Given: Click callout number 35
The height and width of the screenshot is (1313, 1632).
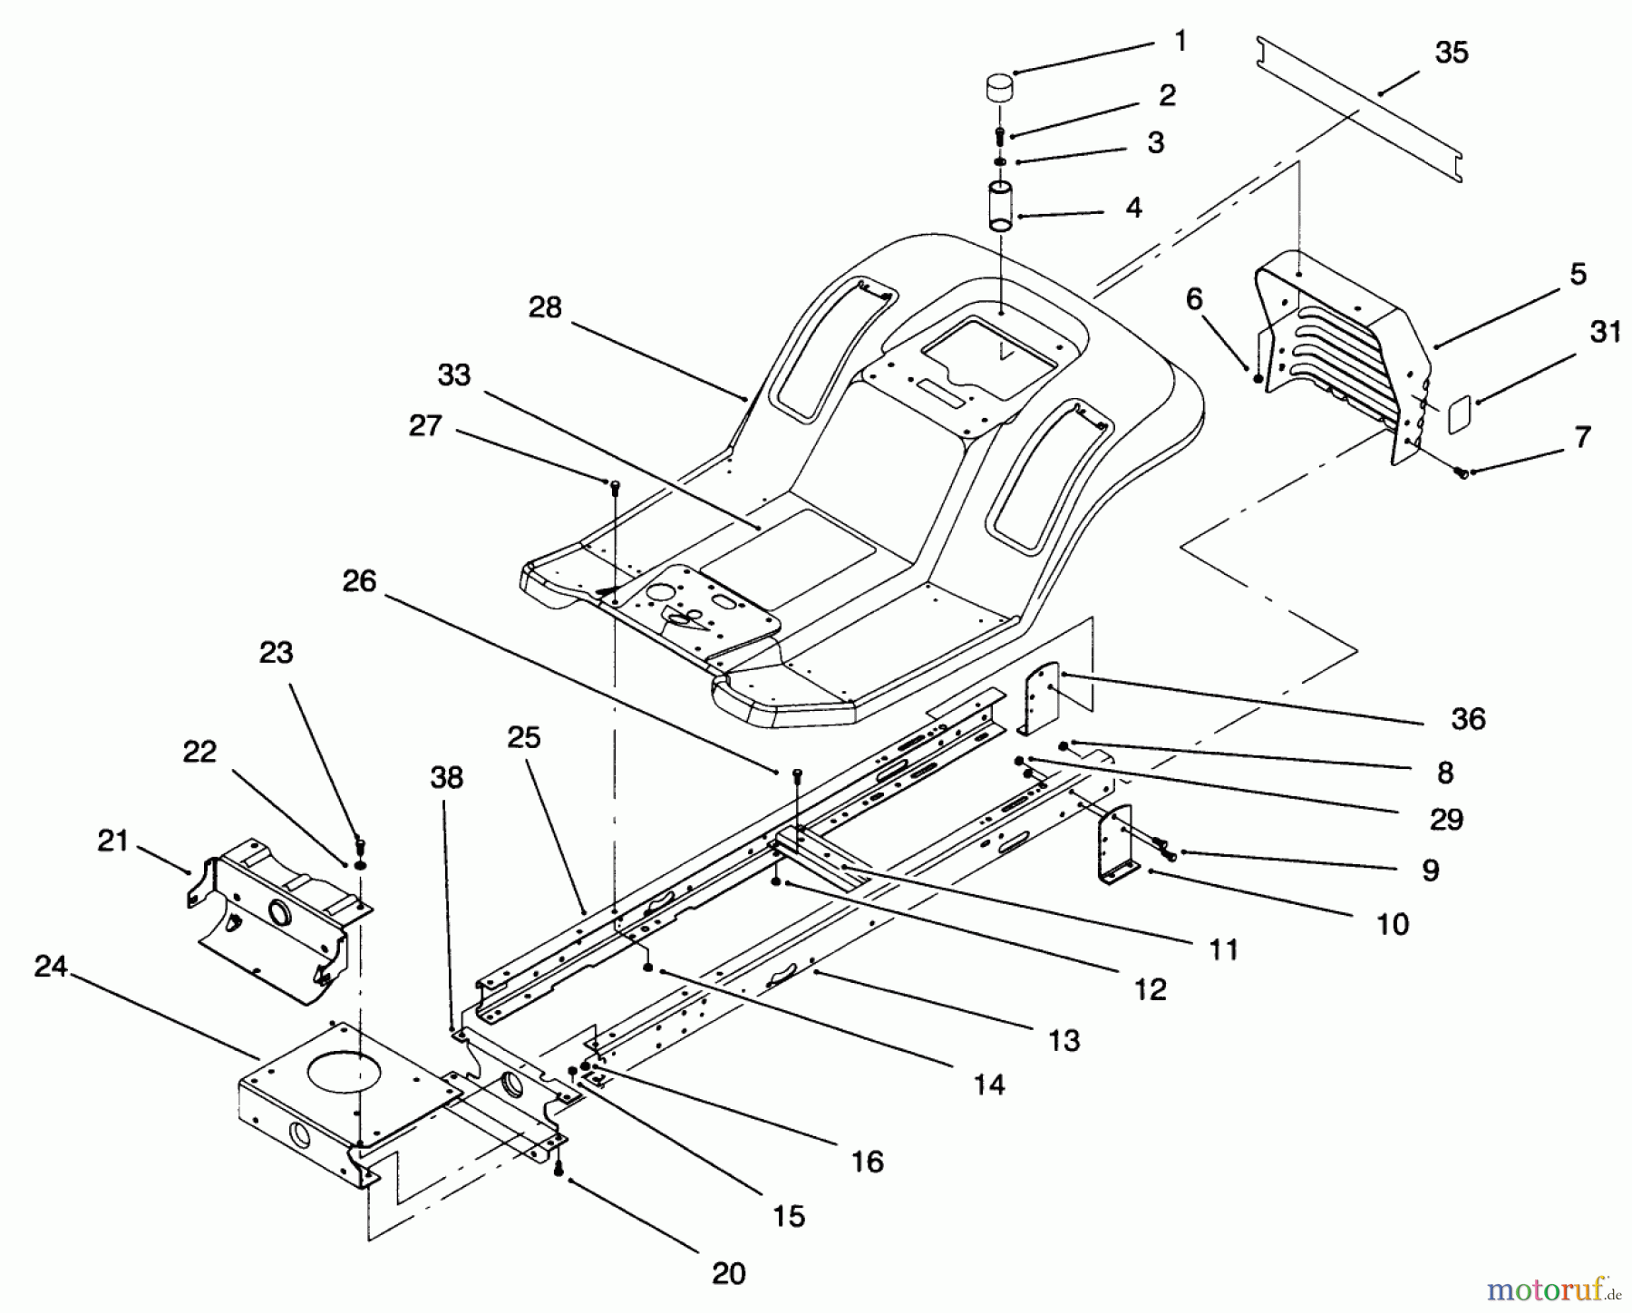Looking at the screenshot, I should [1452, 53].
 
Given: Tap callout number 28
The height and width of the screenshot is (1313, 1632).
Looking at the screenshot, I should [545, 307].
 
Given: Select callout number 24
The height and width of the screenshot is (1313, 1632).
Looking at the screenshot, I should [51, 967].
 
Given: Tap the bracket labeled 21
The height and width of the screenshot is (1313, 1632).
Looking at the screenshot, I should [272, 916].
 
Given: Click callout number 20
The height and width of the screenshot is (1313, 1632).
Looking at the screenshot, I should [728, 1273].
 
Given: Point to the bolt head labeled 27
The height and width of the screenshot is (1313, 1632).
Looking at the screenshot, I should [615, 486].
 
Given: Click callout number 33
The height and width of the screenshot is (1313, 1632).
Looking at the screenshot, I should [454, 374].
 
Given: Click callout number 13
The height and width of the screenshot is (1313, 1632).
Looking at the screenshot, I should [1064, 1040].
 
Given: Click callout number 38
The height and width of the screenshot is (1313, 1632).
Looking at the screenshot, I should [447, 777].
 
